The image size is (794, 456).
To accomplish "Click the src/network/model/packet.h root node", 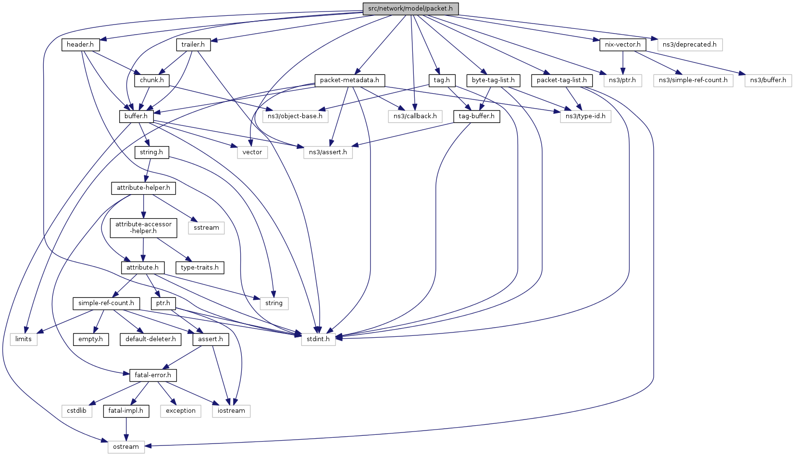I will (410, 9).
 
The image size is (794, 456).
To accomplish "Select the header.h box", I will (80, 45).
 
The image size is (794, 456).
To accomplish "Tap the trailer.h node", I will (193, 45).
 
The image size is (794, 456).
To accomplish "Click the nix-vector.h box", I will (622, 45).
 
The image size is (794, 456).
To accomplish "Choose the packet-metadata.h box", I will (349, 80).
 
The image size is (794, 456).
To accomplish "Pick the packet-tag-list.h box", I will (561, 80).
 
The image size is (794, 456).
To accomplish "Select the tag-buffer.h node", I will (476, 116).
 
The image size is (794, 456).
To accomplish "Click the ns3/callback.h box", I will (415, 116).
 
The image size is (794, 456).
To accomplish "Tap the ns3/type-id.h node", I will (585, 116).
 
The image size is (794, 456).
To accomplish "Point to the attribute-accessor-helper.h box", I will (143, 228).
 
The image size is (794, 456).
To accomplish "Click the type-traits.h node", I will (199, 267).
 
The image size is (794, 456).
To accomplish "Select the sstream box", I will (206, 228).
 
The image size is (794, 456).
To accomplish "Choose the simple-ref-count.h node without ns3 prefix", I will (106, 303).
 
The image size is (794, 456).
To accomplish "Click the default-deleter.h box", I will (150, 339).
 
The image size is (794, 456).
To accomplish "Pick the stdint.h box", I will (318, 339).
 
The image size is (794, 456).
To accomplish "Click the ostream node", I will (126, 447).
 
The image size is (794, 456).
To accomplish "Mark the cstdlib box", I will (76, 411).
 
